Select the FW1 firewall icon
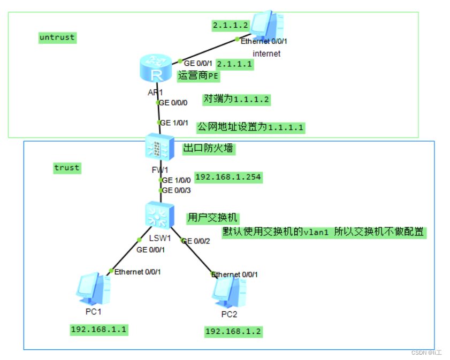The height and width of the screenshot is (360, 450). tap(159, 148)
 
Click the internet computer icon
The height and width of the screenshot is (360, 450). tap(268, 25)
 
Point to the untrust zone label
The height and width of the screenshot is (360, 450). tap(57, 37)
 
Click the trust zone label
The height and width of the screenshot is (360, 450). tap(66, 167)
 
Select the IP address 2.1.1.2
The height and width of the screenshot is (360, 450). tap(230, 25)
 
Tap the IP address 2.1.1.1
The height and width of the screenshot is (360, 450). tap(234, 64)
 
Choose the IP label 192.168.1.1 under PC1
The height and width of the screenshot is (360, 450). tap(99, 329)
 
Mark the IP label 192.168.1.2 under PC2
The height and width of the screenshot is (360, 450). tap(233, 332)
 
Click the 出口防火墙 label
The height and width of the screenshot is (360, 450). tap(208, 149)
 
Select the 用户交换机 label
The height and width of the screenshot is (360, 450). tap(212, 218)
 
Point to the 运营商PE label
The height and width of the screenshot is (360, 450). tap(198, 76)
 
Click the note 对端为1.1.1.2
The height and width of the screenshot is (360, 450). tap(236, 99)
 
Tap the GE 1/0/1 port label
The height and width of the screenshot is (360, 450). tap(174, 122)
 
